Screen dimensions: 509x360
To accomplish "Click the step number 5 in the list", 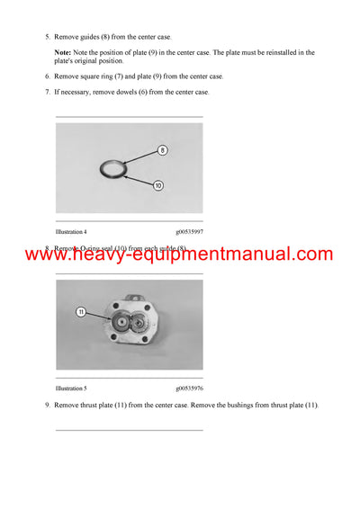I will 47,38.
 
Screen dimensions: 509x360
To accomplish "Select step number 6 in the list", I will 47,76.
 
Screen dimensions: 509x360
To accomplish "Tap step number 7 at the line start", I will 47,92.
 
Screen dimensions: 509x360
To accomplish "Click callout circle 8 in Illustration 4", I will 163,149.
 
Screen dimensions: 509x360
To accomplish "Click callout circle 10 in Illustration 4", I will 158,185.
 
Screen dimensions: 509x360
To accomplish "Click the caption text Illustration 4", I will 74,232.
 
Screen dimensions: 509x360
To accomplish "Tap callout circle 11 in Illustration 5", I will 79,312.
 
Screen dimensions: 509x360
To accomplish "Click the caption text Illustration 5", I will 74,388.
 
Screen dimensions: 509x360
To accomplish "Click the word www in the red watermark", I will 47,254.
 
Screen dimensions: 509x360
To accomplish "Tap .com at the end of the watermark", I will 310,254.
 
